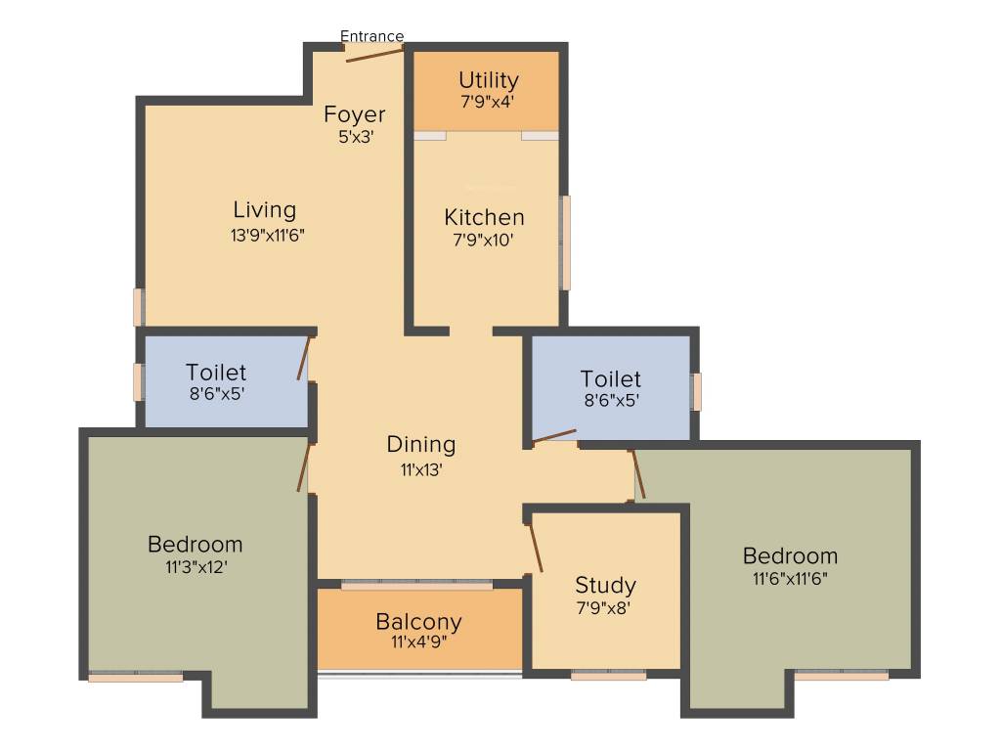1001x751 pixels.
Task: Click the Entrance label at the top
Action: point(371,36)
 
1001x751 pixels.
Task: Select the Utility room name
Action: point(488,80)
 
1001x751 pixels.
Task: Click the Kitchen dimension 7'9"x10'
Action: point(484,240)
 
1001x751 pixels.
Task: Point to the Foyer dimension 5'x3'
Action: point(355,137)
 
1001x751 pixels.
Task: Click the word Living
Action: point(264,209)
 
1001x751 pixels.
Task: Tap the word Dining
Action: point(420,444)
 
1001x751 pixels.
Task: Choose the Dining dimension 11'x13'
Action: point(420,468)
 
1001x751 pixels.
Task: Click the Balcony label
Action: point(418,622)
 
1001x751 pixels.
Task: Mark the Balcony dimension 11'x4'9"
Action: point(418,643)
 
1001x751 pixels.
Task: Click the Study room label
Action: point(605,586)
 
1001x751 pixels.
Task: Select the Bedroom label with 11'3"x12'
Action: point(195,544)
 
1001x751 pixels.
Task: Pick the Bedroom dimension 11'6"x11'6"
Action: point(790,578)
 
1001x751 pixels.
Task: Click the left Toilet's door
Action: point(305,358)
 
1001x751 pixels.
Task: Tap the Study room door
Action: point(535,547)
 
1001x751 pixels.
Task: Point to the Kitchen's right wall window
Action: point(564,243)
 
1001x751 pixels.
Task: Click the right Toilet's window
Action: point(695,391)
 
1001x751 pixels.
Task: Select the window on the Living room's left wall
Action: point(139,306)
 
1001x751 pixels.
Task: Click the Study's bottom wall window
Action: point(608,675)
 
